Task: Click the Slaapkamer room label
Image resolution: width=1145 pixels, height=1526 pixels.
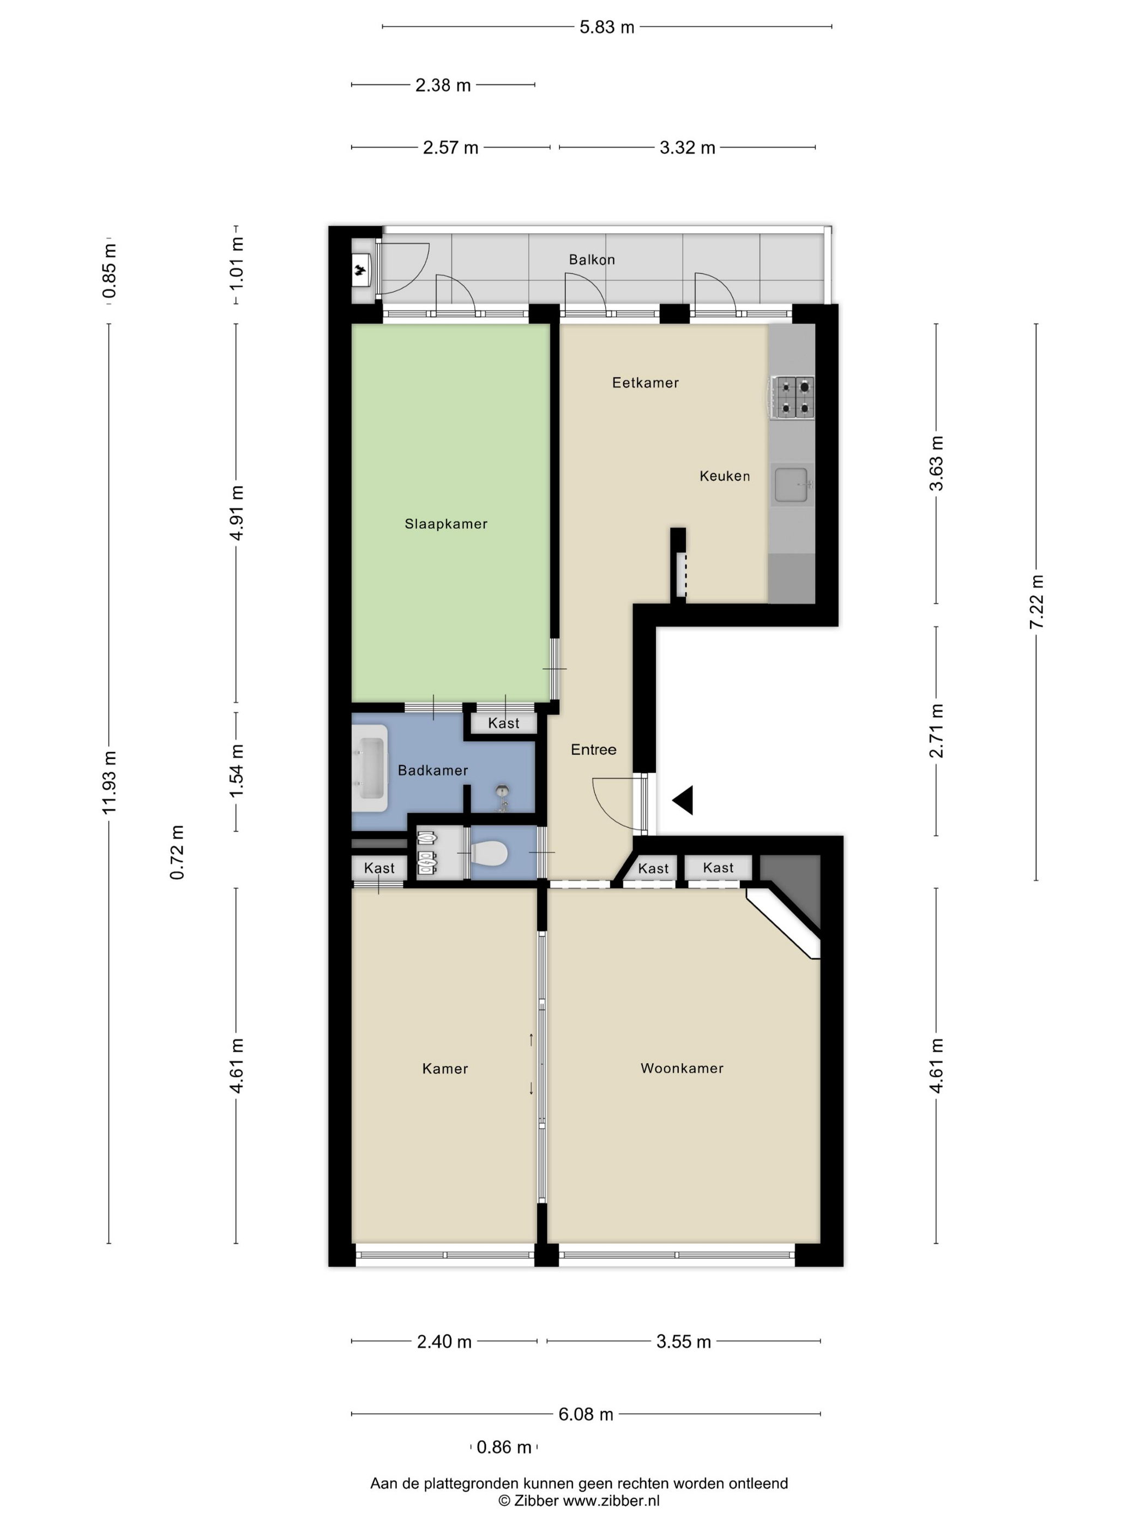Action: tap(446, 524)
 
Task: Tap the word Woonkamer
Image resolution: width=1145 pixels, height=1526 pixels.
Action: tap(682, 1068)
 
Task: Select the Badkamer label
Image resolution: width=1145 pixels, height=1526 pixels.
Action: tap(433, 770)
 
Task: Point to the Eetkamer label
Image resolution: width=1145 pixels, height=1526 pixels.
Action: tap(646, 382)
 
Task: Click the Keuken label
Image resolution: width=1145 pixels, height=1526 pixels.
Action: tap(725, 475)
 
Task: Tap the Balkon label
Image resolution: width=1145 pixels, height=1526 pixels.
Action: tap(592, 259)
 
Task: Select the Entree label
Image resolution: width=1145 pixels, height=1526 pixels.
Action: tap(594, 749)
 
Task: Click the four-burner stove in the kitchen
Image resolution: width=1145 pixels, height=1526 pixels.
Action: tap(794, 398)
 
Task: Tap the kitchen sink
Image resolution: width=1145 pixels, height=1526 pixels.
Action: tap(792, 485)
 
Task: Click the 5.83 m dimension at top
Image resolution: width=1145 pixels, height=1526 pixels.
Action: tap(607, 27)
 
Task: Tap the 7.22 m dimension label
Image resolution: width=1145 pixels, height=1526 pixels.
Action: tap(1036, 602)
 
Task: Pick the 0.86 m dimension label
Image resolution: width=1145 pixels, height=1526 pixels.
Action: tap(504, 1446)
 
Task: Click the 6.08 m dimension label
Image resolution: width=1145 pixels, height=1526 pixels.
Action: tap(585, 1414)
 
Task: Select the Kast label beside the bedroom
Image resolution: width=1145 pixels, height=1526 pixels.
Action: tap(503, 723)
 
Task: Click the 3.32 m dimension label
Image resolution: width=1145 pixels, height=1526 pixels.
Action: tap(688, 148)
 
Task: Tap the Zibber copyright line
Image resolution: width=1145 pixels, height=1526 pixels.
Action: tap(579, 1500)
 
